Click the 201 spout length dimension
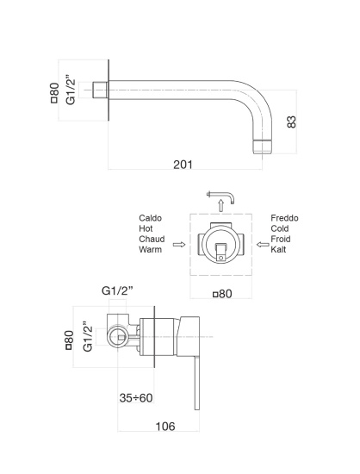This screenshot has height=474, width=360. click(x=183, y=165)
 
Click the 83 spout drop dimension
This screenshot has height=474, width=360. click(x=291, y=122)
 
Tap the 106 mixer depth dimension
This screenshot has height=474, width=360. click(x=165, y=427)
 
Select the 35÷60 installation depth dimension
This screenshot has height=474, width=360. click(x=136, y=398)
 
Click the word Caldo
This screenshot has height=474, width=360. click(x=150, y=218)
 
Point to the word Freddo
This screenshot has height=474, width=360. click(x=284, y=218)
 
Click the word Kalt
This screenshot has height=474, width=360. click(x=278, y=249)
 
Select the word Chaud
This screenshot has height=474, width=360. click(x=152, y=239)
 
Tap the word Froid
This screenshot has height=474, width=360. click(x=281, y=239)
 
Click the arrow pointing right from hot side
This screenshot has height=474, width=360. click(x=179, y=244)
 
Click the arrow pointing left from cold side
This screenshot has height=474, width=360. click(x=263, y=244)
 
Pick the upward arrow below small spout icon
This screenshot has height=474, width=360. click(x=221, y=205)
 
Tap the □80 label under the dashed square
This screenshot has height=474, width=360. click(x=222, y=294)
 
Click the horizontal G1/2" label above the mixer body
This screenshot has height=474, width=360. click(x=117, y=290)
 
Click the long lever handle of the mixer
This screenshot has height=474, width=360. click(x=197, y=383)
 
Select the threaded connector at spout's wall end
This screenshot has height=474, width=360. click(x=100, y=90)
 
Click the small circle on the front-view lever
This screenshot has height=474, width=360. click(x=221, y=258)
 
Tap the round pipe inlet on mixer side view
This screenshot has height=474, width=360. click(x=118, y=336)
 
